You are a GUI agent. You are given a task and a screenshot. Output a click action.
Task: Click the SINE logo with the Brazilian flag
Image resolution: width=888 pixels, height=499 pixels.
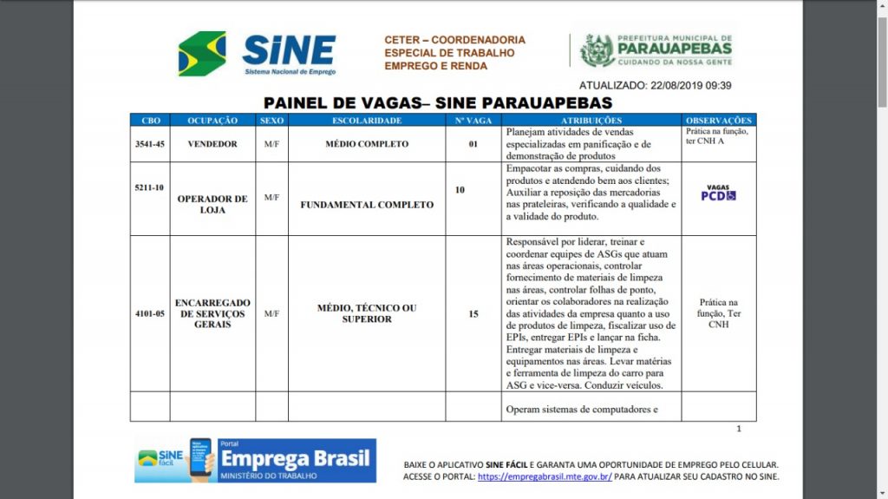coord(257,54)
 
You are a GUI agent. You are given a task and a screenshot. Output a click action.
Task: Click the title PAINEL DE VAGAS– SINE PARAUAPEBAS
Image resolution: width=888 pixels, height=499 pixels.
coord(438,103)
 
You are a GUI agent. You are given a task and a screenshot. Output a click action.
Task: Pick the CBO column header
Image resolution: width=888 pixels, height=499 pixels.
coord(149,120)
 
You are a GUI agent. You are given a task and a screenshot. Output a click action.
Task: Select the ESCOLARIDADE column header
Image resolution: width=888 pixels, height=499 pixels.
coord(367,120)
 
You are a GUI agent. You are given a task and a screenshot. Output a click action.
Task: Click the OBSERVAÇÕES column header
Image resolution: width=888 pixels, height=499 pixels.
coord(718,120)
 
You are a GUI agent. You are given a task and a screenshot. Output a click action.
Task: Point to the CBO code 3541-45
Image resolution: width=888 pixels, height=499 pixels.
coord(149,144)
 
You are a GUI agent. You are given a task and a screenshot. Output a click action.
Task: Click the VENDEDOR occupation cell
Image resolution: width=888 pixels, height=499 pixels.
coord(212,144)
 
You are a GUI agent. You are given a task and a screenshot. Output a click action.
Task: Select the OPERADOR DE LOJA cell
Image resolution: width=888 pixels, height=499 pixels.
coord(212,204)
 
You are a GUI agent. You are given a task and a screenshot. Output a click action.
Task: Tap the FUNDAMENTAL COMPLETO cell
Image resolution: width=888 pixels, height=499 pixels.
coord(367,205)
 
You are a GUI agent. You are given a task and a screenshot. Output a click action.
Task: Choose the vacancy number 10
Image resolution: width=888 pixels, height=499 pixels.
coord(460,189)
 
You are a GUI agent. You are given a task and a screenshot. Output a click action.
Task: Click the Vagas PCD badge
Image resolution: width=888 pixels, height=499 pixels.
coord(718,193)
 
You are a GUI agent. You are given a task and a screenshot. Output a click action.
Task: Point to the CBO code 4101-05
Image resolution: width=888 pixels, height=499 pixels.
coord(149,313)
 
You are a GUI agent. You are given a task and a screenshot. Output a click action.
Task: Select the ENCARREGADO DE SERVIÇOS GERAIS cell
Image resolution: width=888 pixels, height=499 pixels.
coord(212,313)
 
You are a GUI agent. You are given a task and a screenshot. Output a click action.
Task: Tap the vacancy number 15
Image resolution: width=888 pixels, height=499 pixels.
coord(473,313)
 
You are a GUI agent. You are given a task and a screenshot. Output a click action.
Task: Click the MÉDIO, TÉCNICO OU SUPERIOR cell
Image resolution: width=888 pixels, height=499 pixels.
coord(367,313)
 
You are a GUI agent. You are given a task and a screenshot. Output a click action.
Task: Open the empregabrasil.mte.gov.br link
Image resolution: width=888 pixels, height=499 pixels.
coord(545,476)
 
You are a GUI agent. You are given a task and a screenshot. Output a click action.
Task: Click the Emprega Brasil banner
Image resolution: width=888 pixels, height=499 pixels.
coord(255,460)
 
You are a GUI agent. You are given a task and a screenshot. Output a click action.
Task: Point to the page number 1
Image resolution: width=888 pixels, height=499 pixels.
coord(739,429)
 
